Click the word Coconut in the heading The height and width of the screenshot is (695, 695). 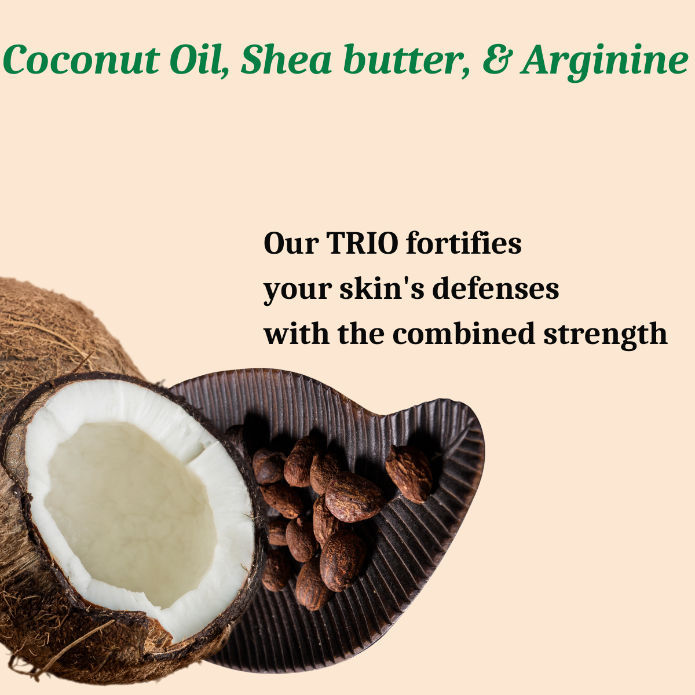pos(81,60)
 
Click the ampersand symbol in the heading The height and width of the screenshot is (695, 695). pos(495,61)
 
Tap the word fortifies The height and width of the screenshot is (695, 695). pos(463,243)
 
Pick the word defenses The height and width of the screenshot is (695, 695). pos(496,288)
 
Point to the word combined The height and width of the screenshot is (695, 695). pos(463,334)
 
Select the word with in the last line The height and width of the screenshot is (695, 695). pos(295,334)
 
